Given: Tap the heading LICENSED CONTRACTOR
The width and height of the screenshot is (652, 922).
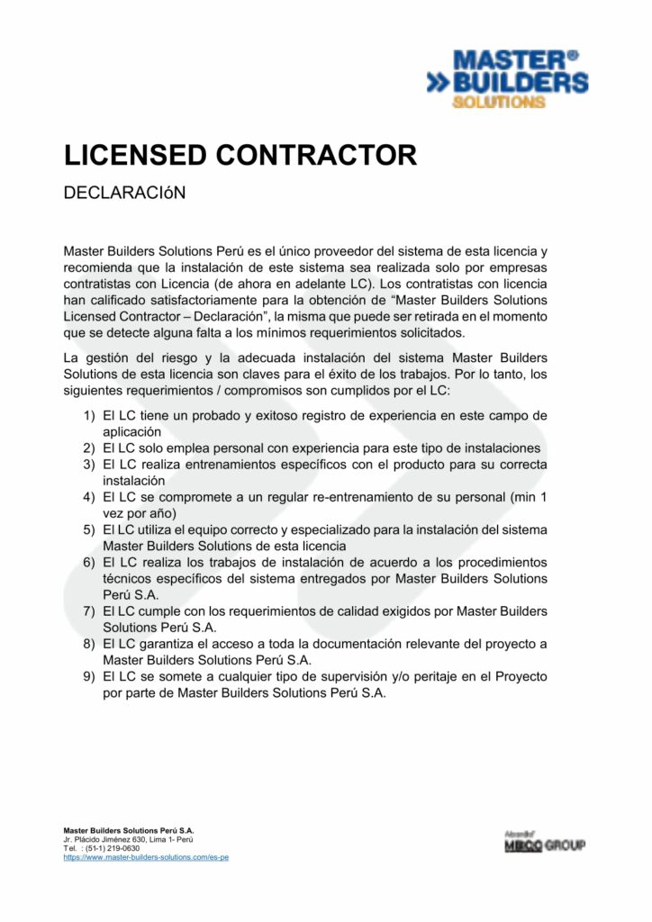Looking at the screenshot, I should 240,155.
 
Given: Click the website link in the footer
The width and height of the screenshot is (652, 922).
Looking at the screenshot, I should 146,857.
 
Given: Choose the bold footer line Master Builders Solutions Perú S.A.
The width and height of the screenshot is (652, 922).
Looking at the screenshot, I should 128,830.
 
